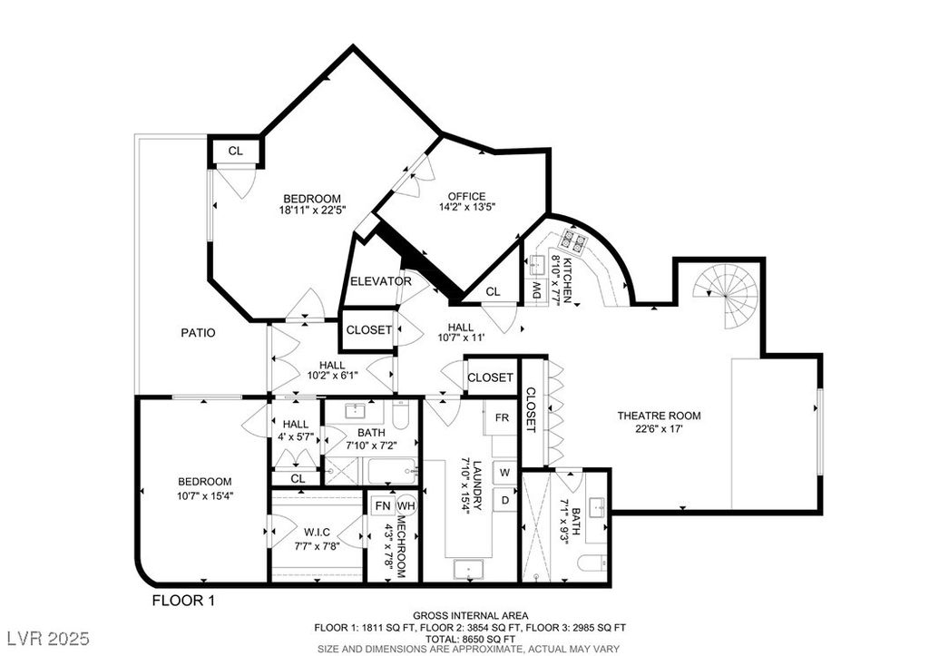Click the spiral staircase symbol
[x=728, y=294]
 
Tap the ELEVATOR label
[x=381, y=281]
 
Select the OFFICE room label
[x=467, y=196]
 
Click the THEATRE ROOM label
[x=659, y=416]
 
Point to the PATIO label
[x=198, y=333]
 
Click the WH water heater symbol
[x=406, y=505]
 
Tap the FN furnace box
[x=384, y=505]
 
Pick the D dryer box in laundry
[x=504, y=500]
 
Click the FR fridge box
[x=501, y=417]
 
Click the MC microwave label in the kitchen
[x=537, y=290]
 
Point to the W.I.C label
[x=318, y=533]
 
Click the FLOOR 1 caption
[x=183, y=601]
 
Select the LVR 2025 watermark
[x=49, y=639]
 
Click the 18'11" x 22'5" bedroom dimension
[x=312, y=210]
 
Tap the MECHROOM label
[x=401, y=546]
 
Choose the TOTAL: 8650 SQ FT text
[x=471, y=639]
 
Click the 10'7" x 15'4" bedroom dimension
[x=205, y=496]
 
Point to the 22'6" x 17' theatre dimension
[x=659, y=429]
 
